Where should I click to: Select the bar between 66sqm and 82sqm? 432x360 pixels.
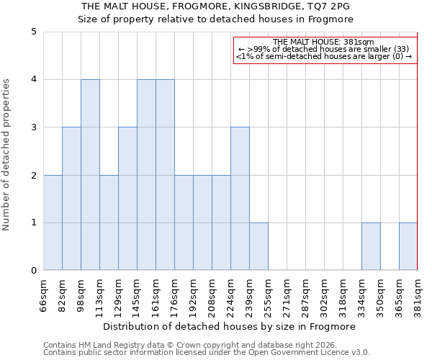click(x=53, y=222)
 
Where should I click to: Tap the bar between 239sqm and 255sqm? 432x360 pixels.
click(x=258, y=246)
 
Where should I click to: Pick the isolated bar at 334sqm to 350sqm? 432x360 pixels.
click(x=371, y=246)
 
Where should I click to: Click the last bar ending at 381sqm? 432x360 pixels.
click(x=408, y=246)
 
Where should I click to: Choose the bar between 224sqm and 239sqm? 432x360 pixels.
click(x=240, y=199)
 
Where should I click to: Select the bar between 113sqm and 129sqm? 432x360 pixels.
click(x=109, y=222)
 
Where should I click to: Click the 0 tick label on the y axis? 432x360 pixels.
click(x=33, y=271)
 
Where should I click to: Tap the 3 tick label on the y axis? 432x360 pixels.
click(x=33, y=127)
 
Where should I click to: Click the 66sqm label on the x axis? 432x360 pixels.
click(x=43, y=296)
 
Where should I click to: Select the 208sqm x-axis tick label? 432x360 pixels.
click(x=212, y=296)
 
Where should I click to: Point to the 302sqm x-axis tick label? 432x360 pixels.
click(x=324, y=296)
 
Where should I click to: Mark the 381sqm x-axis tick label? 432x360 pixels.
click(x=418, y=296)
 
